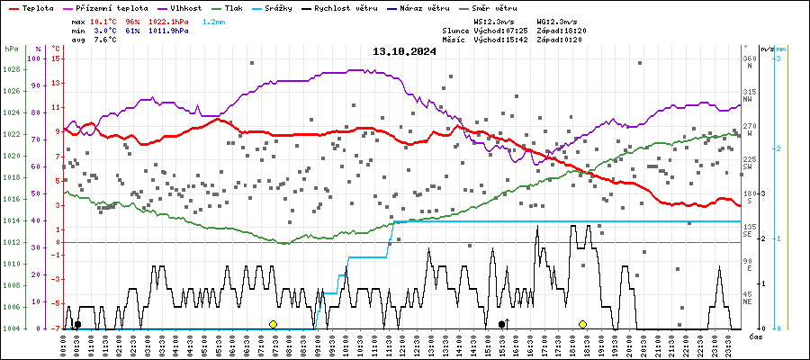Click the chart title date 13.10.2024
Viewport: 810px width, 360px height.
point(404,51)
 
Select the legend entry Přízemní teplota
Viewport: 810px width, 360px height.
point(112,7)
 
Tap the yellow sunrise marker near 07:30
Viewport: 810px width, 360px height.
point(273,324)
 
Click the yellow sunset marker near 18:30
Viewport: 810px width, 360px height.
point(583,324)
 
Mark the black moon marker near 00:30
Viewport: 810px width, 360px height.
point(77,324)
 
